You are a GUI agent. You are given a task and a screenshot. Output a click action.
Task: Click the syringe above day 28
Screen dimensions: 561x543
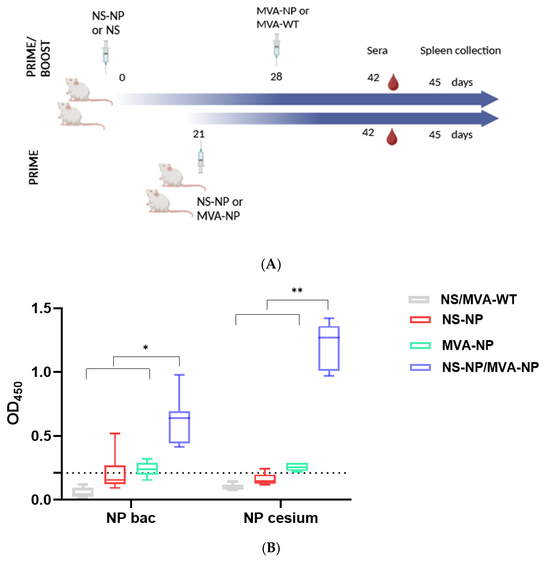(276, 49)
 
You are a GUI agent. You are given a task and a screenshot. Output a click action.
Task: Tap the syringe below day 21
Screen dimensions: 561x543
(201, 160)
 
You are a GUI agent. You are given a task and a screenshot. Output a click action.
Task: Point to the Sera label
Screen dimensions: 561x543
(377, 51)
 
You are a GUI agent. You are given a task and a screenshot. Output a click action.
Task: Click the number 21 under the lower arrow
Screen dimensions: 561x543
(199, 134)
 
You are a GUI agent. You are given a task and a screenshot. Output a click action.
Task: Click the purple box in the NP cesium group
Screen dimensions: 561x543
(329, 348)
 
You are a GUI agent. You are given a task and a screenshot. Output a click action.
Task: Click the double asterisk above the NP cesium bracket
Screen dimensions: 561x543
(297, 291)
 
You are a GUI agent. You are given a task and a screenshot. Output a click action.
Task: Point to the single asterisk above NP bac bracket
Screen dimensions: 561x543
(145, 348)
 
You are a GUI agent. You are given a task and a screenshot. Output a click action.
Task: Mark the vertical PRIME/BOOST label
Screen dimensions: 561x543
(38, 57)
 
